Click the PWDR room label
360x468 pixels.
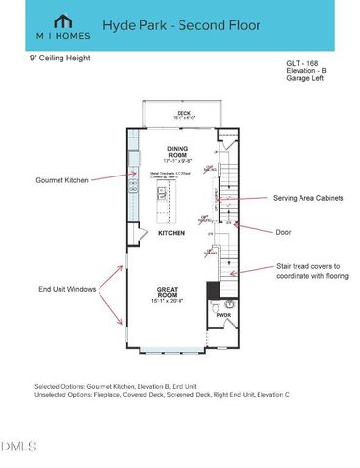click(x=221, y=316)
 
